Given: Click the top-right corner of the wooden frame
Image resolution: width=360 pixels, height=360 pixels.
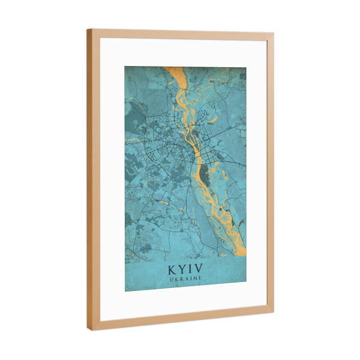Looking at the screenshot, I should (x=274, y=34).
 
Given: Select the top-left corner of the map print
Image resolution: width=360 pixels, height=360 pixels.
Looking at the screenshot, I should (x=125, y=66).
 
